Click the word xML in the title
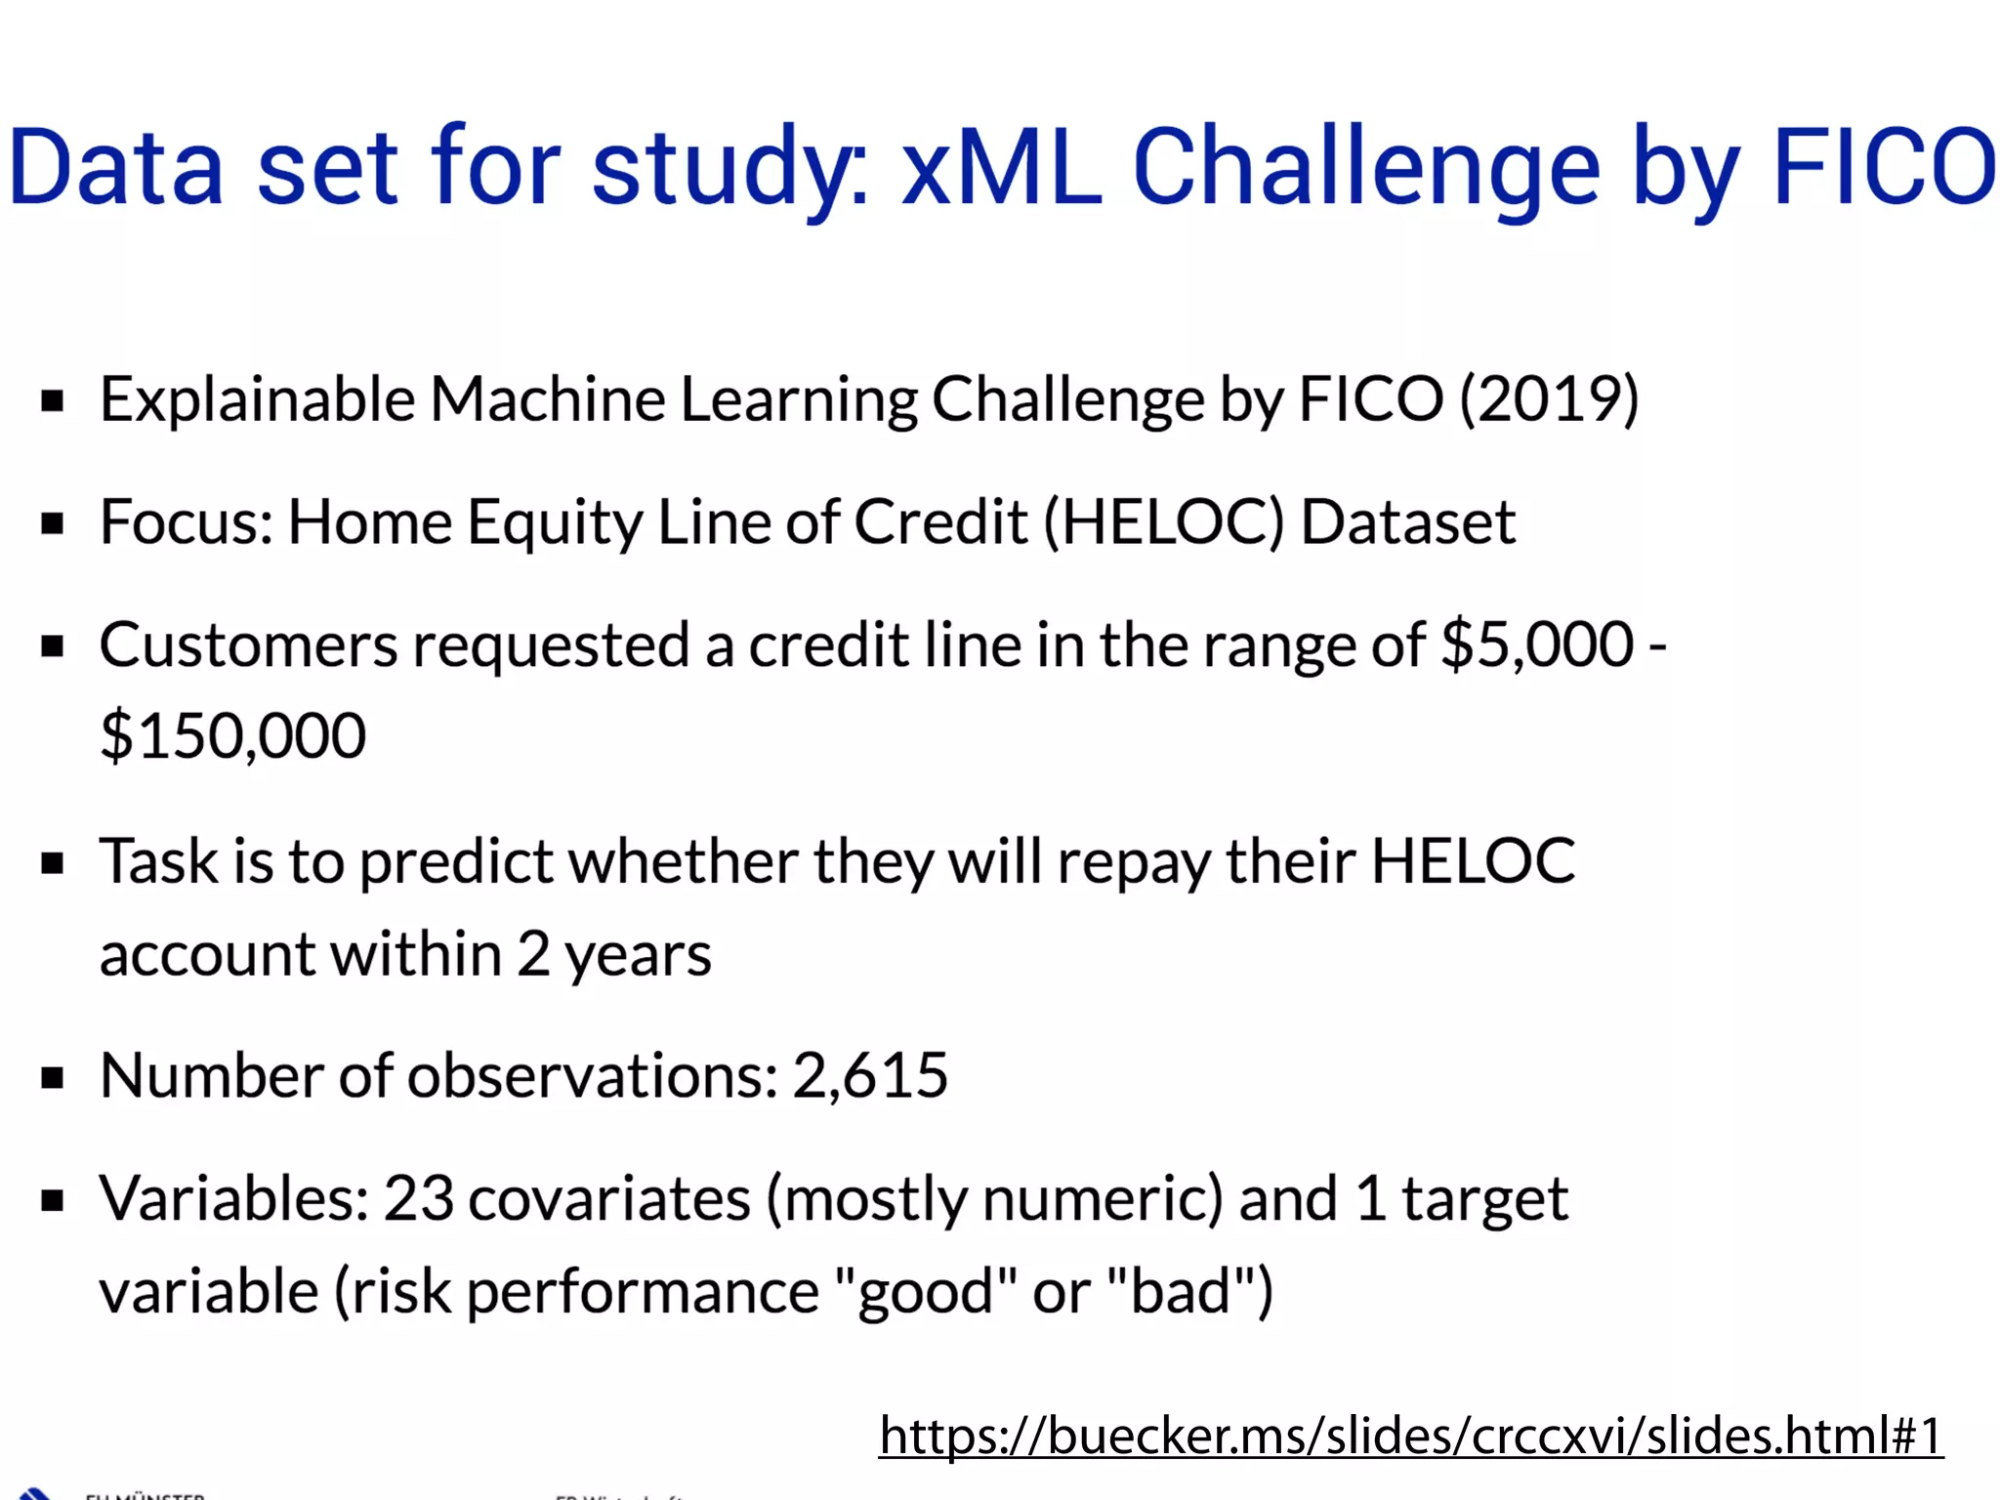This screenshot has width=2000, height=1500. pyautogui.click(x=1001, y=168)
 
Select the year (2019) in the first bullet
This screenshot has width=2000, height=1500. pyautogui.click(x=1549, y=399)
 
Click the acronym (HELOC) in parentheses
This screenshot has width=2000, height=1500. pyautogui.click(x=1163, y=522)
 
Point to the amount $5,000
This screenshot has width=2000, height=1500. pyautogui.click(x=1537, y=646)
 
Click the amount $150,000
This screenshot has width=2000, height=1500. pyautogui.click(x=232, y=736)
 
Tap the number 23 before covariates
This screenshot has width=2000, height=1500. pyautogui.click(x=418, y=1199)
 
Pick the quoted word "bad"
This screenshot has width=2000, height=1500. pyautogui.click(x=1181, y=1291)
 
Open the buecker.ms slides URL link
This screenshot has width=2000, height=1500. pyautogui.click(x=1410, y=1436)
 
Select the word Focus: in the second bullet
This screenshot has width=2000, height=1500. pyautogui.click(x=186, y=522)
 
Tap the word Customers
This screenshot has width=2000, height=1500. pyautogui.click(x=248, y=646)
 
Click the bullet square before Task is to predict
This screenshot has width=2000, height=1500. pyautogui.click(x=53, y=863)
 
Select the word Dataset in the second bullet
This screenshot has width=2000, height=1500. pyautogui.click(x=1407, y=522)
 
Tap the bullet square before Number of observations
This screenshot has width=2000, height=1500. pyautogui.click(x=53, y=1078)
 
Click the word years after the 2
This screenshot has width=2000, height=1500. pyautogui.click(x=638, y=955)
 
